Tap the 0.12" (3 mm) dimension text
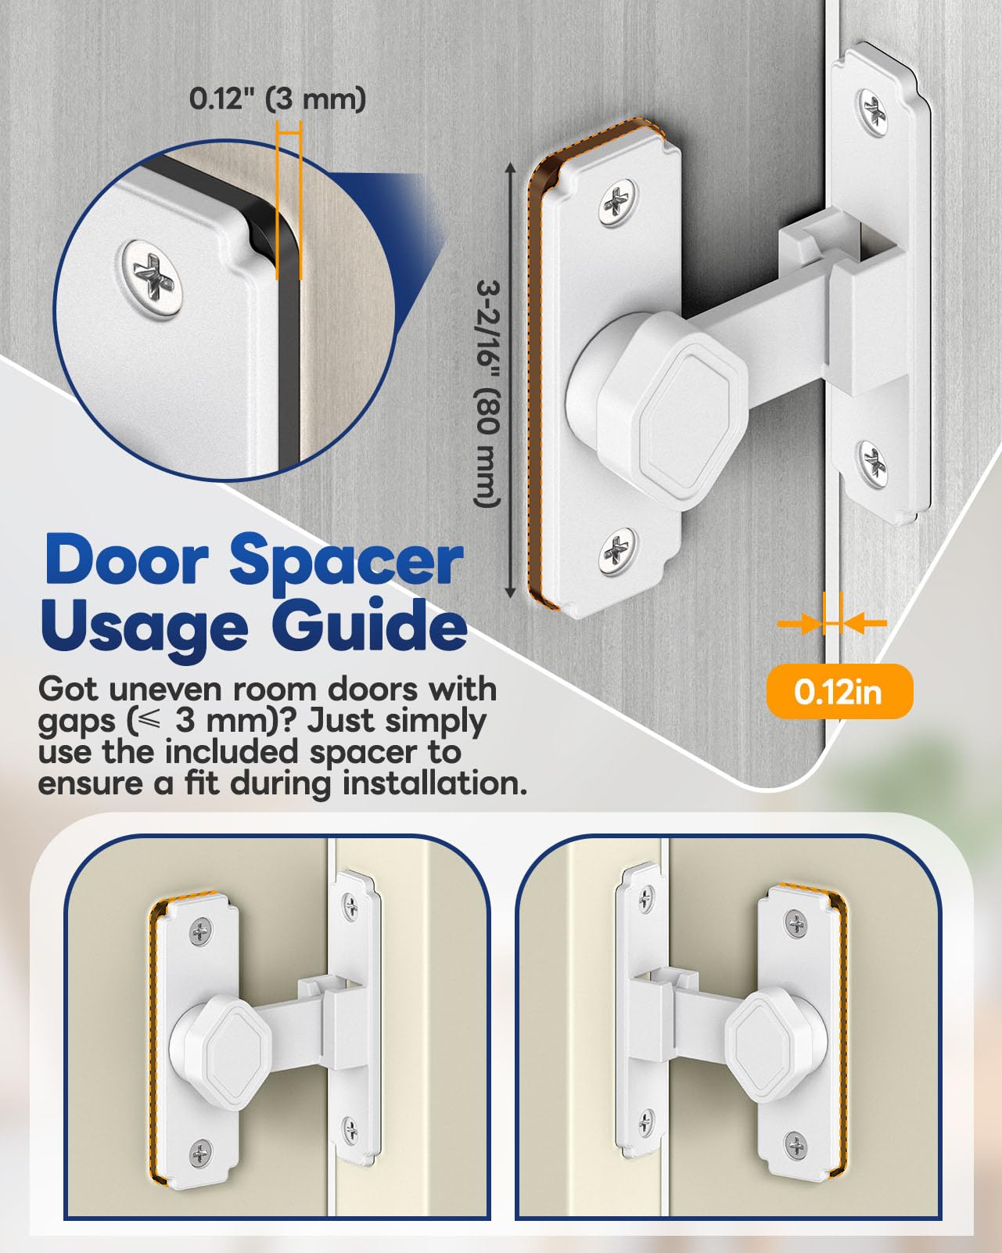pyautogui.click(x=278, y=99)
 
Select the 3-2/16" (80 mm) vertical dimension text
pyautogui.click(x=487, y=394)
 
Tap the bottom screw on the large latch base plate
pyautogui.click(x=618, y=550)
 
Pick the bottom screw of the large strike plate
pyautogui.click(x=874, y=464)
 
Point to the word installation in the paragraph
pyautogui.click(x=434, y=783)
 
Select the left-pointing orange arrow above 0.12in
pyautogui.click(x=865, y=623)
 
